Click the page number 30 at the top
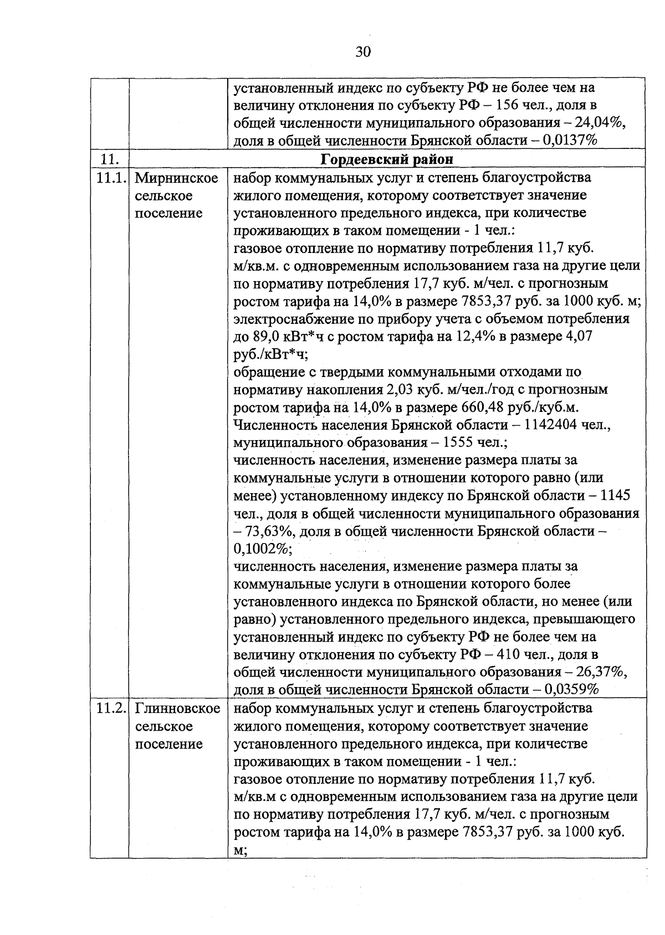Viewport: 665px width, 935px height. pos(362,52)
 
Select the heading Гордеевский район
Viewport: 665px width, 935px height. pos(387,159)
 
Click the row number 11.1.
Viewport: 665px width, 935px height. pos(111,178)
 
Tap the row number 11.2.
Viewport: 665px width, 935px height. pos(111,709)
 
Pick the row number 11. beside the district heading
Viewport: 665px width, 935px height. pos(109,159)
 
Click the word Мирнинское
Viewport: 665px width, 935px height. pos(177,178)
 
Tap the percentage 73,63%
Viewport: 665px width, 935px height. pos(263,531)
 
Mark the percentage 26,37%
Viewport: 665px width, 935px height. pos(602,672)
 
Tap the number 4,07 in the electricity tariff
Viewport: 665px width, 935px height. pos(577,337)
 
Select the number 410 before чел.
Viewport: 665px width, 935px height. pos(508,654)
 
